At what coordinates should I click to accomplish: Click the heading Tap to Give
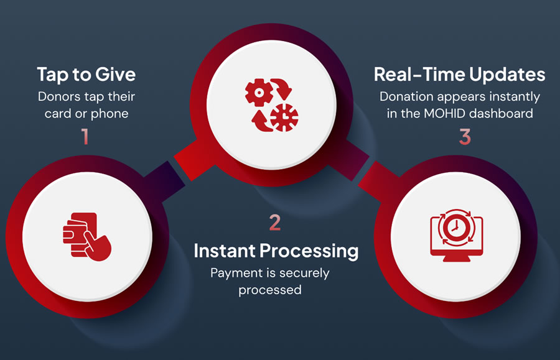(86, 75)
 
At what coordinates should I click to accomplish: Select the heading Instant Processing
(276, 251)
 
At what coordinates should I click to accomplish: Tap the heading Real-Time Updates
(460, 75)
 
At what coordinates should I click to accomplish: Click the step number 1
(85, 136)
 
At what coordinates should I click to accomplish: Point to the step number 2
(275, 223)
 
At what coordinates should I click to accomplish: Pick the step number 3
(465, 137)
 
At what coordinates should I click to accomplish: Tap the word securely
(304, 274)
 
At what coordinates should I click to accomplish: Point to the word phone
(110, 114)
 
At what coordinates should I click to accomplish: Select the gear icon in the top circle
(259, 93)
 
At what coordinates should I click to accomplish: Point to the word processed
(270, 290)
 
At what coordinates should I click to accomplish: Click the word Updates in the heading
(507, 75)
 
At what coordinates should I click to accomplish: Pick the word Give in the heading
(116, 75)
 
